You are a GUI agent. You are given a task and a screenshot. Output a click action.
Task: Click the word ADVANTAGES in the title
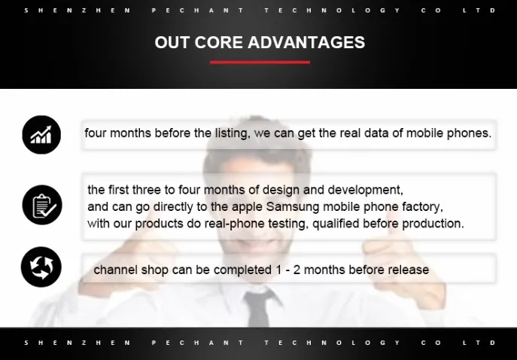pyautogui.click(x=306, y=43)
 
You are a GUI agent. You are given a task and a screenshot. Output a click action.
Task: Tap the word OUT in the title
pyautogui.click(x=172, y=43)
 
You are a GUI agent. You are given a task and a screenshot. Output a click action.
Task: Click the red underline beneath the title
pyautogui.click(x=260, y=62)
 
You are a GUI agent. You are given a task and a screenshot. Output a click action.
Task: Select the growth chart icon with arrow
pyautogui.click(x=41, y=135)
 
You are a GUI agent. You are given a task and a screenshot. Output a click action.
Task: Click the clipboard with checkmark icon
pyautogui.click(x=42, y=205)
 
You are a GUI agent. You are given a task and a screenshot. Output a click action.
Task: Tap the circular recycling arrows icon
pyautogui.click(x=41, y=267)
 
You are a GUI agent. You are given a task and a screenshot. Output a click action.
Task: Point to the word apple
pyautogui.click(x=247, y=207)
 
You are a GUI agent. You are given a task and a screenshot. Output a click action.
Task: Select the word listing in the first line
pyautogui.click(x=233, y=133)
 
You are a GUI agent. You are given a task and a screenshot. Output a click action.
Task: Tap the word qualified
pyautogui.click(x=336, y=224)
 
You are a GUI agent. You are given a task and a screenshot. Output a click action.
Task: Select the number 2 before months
pyautogui.click(x=297, y=270)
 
